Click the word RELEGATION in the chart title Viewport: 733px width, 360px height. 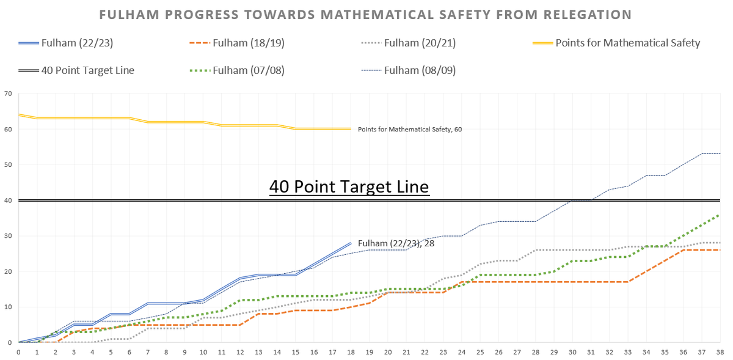pos(586,13)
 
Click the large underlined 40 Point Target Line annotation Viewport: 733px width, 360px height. pos(349,186)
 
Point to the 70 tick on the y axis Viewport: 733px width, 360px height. pos(7,94)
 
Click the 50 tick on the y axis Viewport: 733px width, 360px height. pos(7,164)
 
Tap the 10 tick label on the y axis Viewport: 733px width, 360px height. pos(7,307)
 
